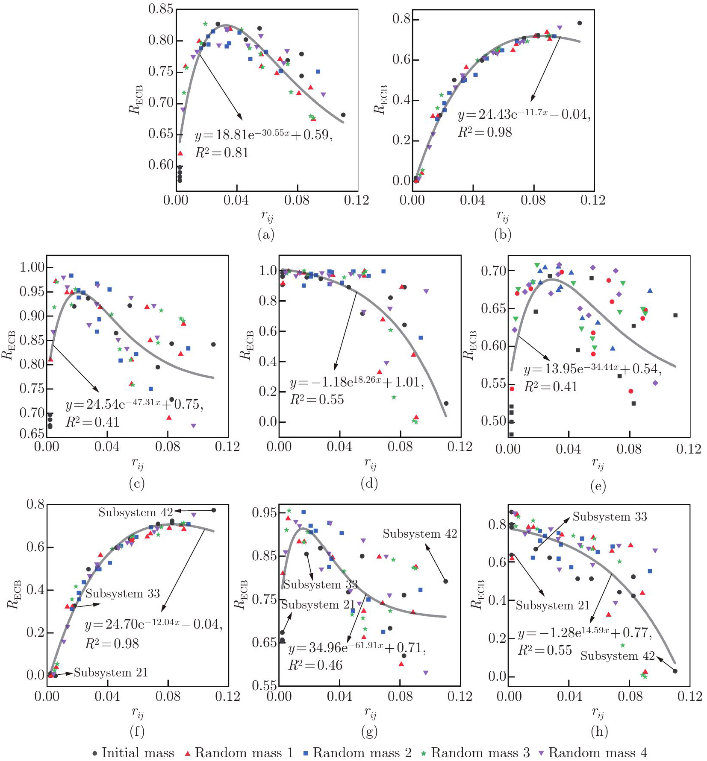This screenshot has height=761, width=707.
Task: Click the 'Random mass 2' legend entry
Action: pos(357,752)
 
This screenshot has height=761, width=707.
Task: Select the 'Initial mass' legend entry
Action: pos(133,752)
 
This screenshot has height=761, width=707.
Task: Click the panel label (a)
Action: pos(266,234)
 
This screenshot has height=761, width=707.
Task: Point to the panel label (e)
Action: pos(598,486)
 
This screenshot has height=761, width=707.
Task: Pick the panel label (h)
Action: pos(599,732)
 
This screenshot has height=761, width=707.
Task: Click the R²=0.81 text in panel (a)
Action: pos(222,152)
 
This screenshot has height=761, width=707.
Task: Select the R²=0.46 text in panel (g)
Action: pos(315,665)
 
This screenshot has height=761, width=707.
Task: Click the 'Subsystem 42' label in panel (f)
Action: pos(136,512)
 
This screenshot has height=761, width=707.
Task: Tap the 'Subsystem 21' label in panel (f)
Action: pos(111,673)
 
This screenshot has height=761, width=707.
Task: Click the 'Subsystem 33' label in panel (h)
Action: pos(610,517)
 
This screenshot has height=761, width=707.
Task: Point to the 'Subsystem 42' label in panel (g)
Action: pos(420,534)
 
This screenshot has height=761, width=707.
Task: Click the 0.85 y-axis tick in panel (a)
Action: pos(161,9)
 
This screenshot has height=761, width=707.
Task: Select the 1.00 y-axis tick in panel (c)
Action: pos(32,267)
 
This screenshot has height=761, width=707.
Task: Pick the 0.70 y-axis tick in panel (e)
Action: pos(494,271)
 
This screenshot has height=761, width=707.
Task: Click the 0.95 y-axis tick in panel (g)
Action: pos(265,512)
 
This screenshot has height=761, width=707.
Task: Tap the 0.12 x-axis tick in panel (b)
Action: pos(592,200)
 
